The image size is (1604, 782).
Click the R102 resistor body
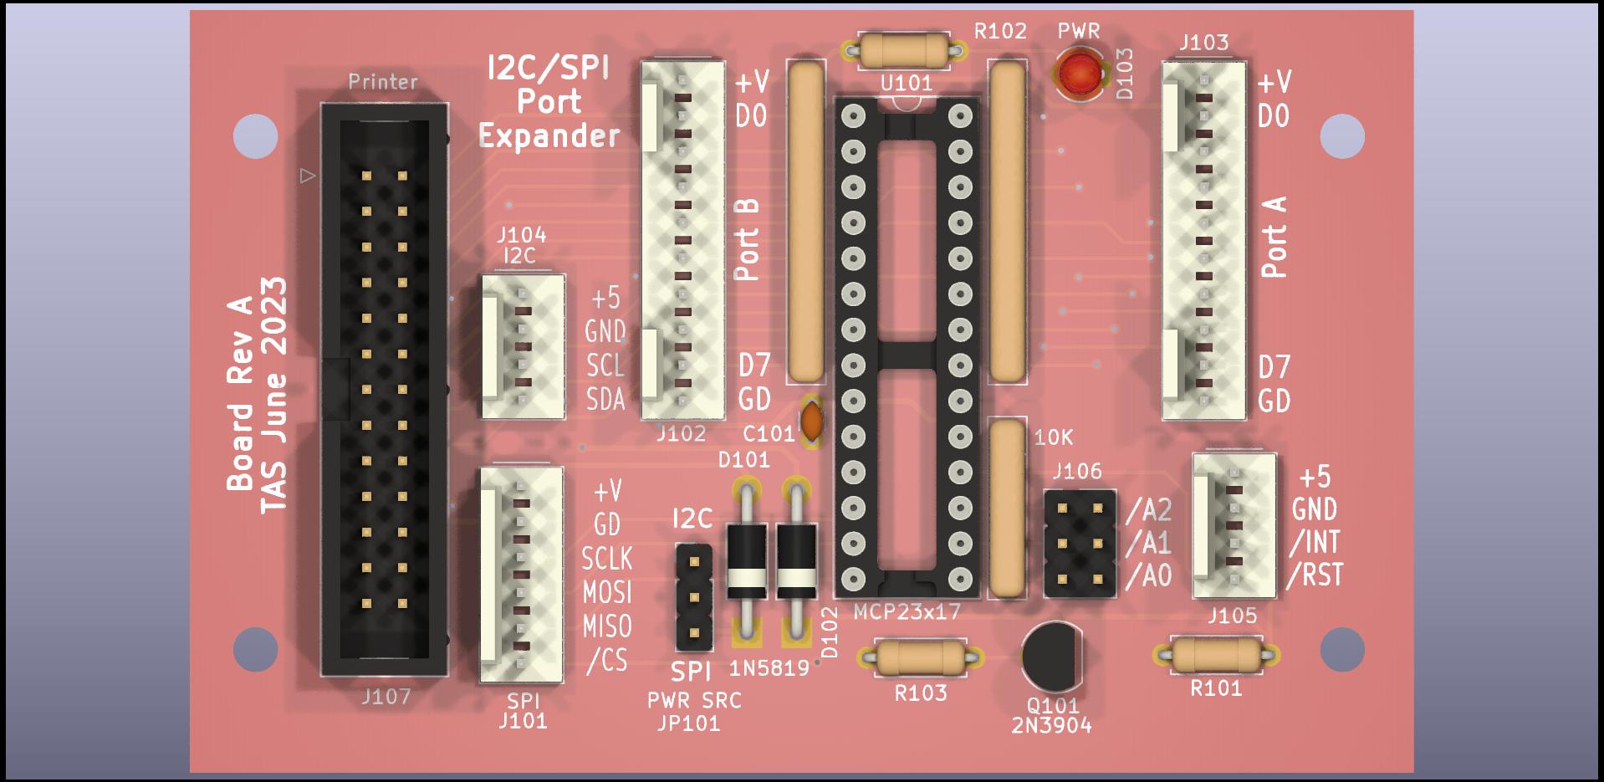tap(907, 51)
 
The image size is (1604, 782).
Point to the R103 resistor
tap(920, 657)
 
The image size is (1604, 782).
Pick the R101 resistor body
tap(1216, 655)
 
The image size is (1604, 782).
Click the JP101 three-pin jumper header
tap(693, 598)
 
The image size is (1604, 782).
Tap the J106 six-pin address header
tap(1080, 544)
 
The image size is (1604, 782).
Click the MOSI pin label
tap(608, 592)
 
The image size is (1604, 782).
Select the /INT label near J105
tap(1315, 542)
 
